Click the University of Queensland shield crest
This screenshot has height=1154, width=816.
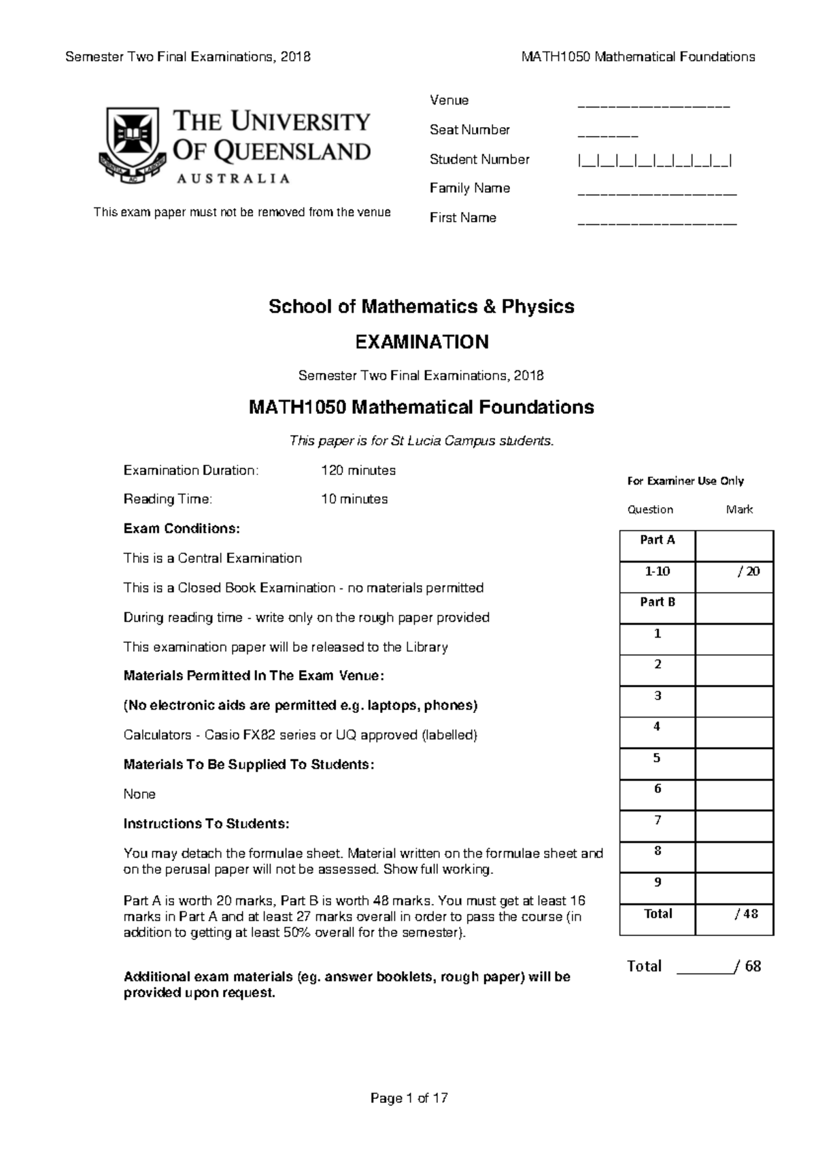pyautogui.click(x=132, y=144)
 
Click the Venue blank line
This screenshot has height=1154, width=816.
pyautogui.click(x=653, y=107)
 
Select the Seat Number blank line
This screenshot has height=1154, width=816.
pyautogui.click(x=607, y=136)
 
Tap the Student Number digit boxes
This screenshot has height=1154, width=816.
pyautogui.click(x=654, y=161)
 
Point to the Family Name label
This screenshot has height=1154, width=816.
pyautogui.click(x=469, y=188)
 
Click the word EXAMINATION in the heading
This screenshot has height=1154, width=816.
pyautogui.click(x=422, y=342)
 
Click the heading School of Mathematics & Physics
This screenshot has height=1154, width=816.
pyautogui.click(x=422, y=307)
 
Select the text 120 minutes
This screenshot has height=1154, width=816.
pyautogui.click(x=358, y=470)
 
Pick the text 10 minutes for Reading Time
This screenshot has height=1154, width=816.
pyautogui.click(x=354, y=499)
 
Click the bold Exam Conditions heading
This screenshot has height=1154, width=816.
pyautogui.click(x=182, y=528)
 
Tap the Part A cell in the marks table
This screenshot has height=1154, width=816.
pyautogui.click(x=657, y=540)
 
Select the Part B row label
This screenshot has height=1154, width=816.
pyautogui.click(x=657, y=602)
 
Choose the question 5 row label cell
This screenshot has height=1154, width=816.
pyautogui.click(x=657, y=758)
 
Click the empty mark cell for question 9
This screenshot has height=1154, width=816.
pyautogui.click(x=734, y=888)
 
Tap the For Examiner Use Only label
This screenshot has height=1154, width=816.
pyautogui.click(x=685, y=481)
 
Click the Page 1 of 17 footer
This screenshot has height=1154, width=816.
pyautogui.click(x=409, y=1098)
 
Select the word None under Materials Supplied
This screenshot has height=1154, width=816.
pyautogui.click(x=139, y=794)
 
